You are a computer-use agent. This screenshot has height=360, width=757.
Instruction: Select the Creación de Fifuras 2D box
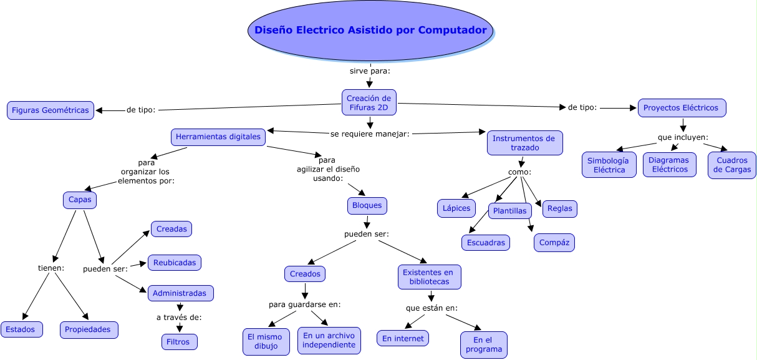(x=369, y=102)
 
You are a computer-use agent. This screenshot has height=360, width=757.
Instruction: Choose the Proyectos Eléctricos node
(x=682, y=107)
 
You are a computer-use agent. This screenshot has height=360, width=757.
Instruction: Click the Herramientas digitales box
(x=219, y=137)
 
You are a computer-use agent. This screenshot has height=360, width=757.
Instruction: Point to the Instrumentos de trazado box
(x=524, y=143)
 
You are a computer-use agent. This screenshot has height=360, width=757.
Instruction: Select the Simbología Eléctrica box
(x=609, y=165)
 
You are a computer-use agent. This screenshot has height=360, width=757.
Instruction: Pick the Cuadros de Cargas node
(x=732, y=165)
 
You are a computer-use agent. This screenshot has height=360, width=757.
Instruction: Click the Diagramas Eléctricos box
(x=670, y=165)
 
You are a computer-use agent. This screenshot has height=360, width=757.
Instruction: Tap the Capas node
(x=80, y=200)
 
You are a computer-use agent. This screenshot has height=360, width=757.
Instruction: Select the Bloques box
(x=367, y=205)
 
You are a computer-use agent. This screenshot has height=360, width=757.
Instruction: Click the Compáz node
(x=554, y=243)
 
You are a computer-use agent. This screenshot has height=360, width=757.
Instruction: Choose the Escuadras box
(x=486, y=243)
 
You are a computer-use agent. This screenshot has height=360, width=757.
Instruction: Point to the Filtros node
(x=180, y=342)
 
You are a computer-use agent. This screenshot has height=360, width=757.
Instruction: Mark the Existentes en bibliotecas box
(x=430, y=277)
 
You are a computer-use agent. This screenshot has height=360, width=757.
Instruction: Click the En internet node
(x=403, y=338)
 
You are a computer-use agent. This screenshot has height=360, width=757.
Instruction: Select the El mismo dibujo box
(x=264, y=341)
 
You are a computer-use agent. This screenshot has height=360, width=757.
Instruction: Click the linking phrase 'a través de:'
(x=179, y=318)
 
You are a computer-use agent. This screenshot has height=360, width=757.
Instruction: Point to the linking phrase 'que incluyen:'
(x=683, y=137)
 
